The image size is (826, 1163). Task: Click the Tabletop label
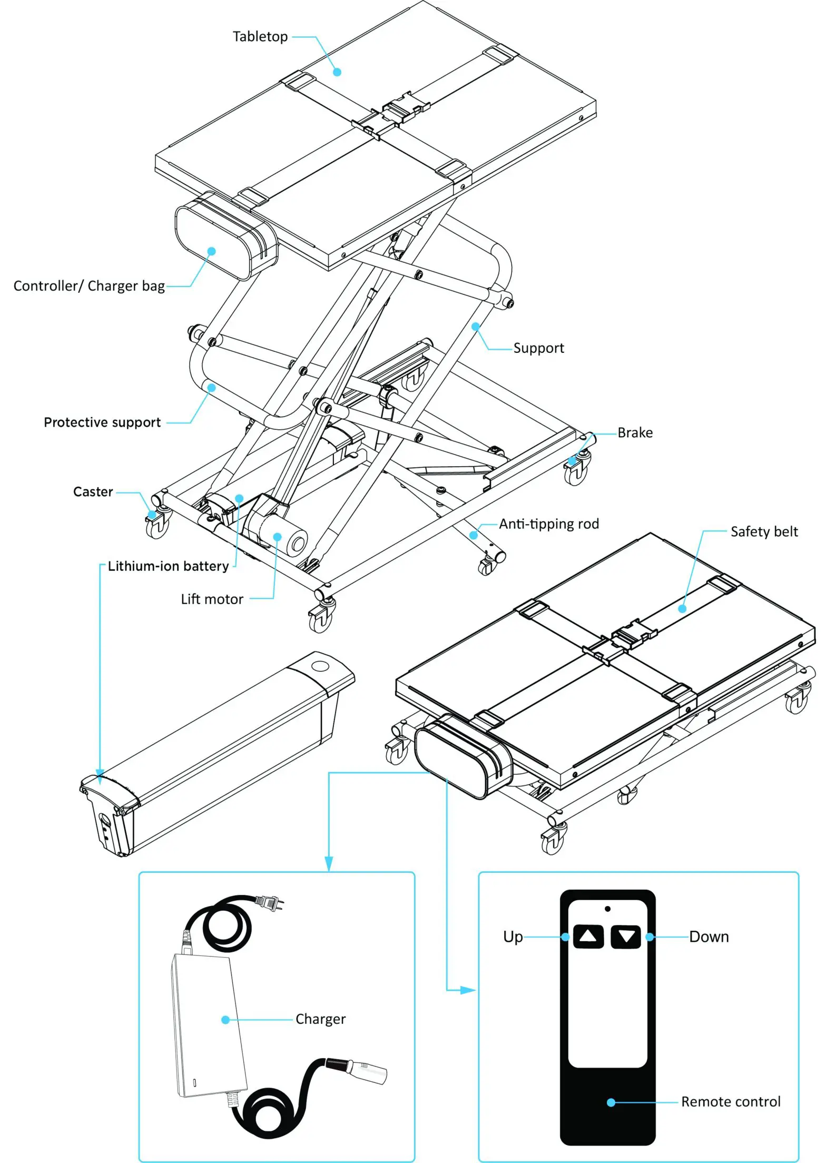(260, 37)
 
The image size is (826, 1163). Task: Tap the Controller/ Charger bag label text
(89, 286)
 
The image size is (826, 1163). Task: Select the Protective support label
(102, 422)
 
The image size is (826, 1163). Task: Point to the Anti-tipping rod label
(549, 524)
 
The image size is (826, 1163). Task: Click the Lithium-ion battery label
(168, 566)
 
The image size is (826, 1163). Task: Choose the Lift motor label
(212, 599)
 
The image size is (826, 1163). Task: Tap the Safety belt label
(764, 532)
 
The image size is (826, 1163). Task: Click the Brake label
(635, 433)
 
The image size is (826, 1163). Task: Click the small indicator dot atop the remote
(607, 909)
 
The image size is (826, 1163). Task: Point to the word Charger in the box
(320, 1019)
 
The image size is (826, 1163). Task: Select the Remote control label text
(731, 1102)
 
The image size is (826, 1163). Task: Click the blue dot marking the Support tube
(475, 327)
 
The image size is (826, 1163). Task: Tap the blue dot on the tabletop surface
(337, 72)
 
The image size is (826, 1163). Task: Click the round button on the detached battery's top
(320, 666)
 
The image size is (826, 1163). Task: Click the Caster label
(93, 492)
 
